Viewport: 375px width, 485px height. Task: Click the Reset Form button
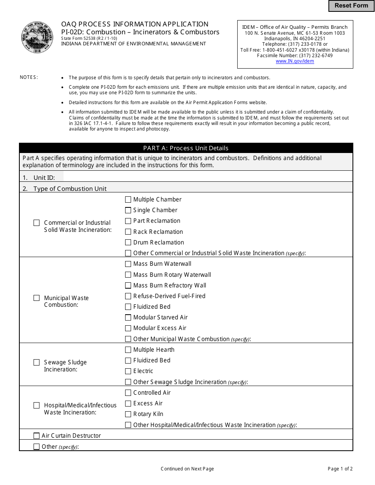coord(351,6)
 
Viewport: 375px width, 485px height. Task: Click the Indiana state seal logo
coord(37,38)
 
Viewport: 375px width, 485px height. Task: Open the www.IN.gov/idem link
coord(295,61)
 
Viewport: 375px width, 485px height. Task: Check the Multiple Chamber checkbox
coord(128,200)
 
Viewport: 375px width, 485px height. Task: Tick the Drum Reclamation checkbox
coord(128,242)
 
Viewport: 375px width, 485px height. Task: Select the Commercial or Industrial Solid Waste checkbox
coord(37,223)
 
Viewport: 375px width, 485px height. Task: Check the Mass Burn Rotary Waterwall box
coord(128,275)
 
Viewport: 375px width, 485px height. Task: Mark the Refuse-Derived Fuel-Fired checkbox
coord(128,296)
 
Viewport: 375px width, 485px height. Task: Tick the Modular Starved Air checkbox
coord(128,317)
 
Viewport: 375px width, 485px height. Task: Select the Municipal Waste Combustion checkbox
coord(37,298)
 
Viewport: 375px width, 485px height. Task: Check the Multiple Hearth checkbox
coord(128,350)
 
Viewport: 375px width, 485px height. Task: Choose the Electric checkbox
coord(128,371)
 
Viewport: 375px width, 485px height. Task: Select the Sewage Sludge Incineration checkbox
coord(37,362)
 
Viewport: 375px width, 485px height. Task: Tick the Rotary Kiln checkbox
coord(128,414)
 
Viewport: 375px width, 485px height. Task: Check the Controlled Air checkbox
coord(128,393)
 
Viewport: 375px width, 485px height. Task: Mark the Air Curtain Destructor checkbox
coord(37,436)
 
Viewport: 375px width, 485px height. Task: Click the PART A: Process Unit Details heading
coord(186,148)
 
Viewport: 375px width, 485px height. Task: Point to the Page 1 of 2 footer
coord(340,469)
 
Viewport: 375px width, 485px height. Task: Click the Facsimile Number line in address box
coord(295,56)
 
